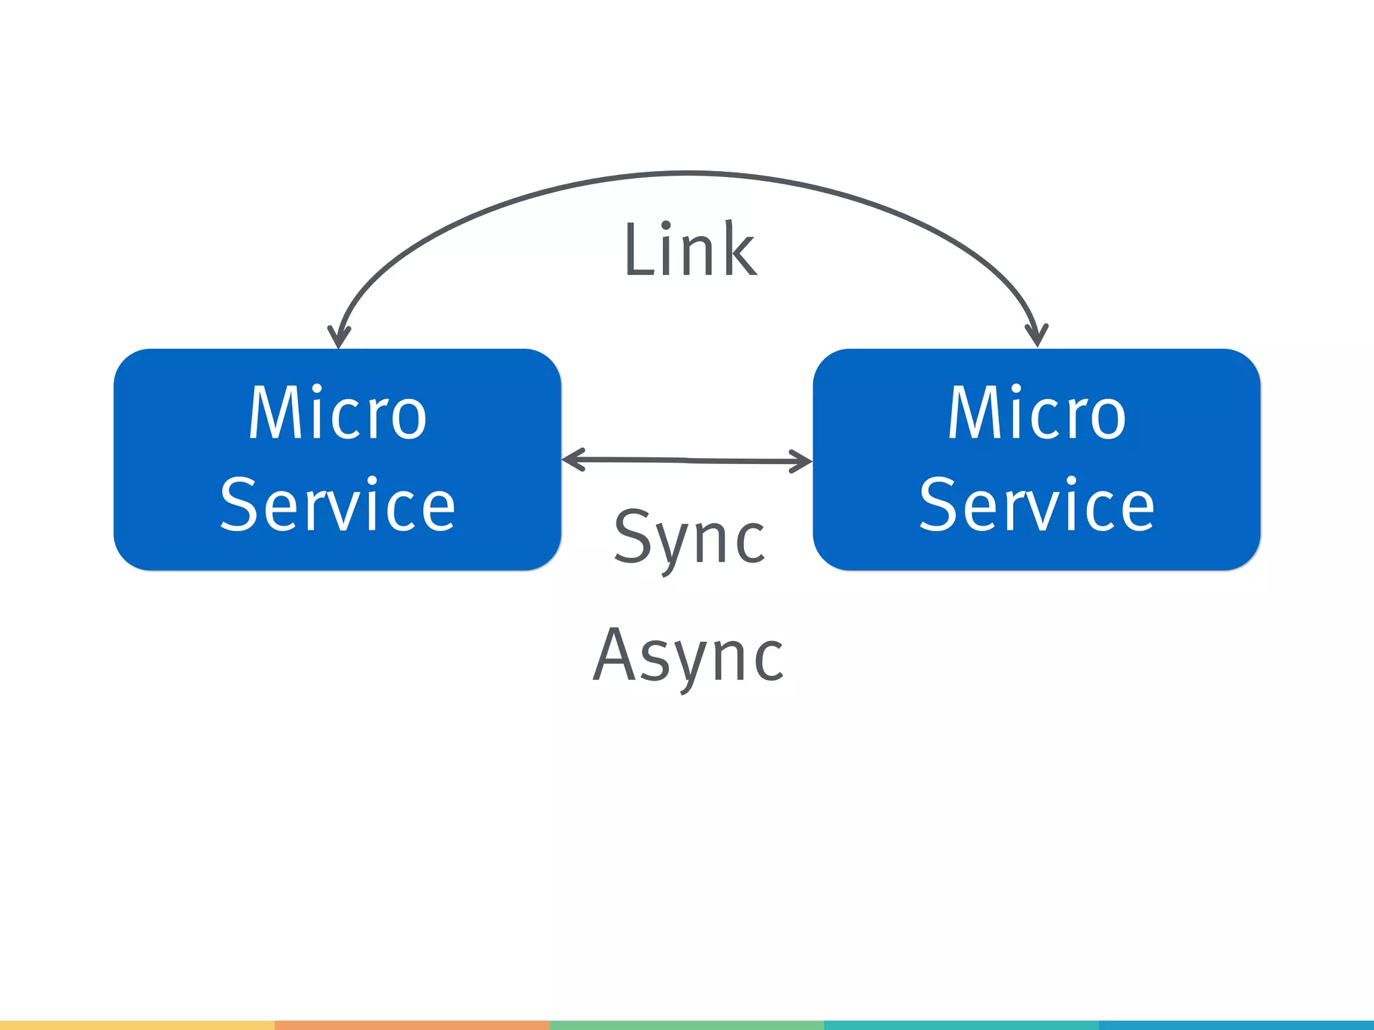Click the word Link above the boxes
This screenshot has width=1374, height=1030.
[690, 249]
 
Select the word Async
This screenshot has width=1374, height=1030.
[689, 656]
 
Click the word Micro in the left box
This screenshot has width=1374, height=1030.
[337, 413]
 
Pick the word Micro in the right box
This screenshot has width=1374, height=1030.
[1037, 413]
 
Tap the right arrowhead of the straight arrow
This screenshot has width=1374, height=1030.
[804, 461]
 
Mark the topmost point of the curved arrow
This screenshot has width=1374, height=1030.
[688, 174]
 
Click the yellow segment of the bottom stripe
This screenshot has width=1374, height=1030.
[137, 1025]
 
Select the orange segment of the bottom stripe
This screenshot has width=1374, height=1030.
[412, 1025]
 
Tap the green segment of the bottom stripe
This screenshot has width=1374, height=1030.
[686, 1025]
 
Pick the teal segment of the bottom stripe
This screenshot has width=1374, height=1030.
[961, 1025]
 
